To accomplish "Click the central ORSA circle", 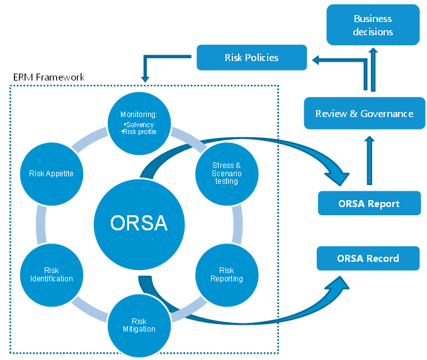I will click(x=139, y=223).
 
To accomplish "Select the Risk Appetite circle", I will click(x=56, y=174).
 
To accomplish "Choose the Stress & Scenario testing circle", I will click(x=226, y=173).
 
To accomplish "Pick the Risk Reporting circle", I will click(x=226, y=274).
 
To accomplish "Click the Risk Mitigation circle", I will click(x=139, y=325).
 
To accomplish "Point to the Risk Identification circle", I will click(x=51, y=274).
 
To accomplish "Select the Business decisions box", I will click(x=373, y=25).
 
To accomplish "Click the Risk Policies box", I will click(x=251, y=58).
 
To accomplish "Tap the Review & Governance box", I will click(x=364, y=114).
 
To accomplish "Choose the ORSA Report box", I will click(x=369, y=204).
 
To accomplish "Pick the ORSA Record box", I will click(x=368, y=258).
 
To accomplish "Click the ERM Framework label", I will click(x=48, y=77).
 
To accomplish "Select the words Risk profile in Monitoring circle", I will click(x=139, y=132).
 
